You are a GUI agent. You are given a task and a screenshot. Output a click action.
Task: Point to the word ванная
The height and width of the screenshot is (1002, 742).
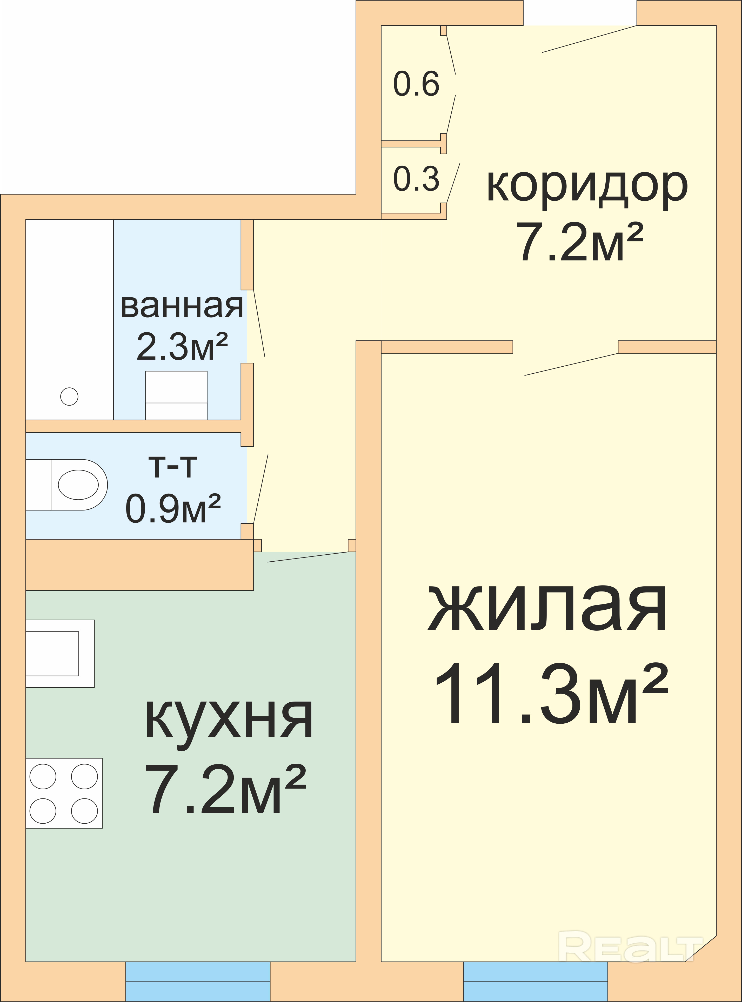tap(182, 306)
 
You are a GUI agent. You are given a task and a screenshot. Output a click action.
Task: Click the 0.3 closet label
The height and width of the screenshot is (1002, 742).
tap(416, 179)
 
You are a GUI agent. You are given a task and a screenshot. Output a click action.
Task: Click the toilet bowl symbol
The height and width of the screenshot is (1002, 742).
tap(66, 485)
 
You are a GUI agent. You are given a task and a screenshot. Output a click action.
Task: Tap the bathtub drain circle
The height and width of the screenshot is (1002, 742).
tap(69, 396)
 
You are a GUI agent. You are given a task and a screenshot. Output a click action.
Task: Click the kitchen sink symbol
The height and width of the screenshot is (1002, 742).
tap(60, 654)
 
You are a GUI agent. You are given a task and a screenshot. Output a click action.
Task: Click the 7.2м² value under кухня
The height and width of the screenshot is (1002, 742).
tap(225, 789)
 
